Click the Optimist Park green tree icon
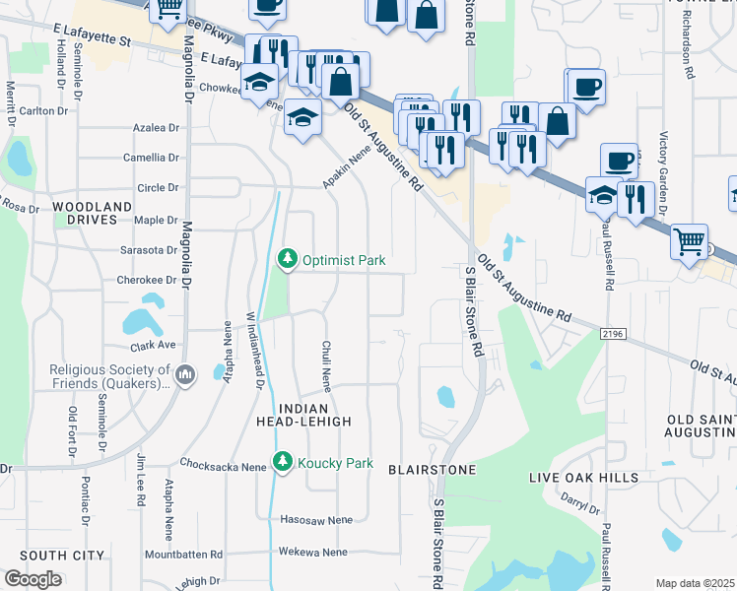[x=287, y=259]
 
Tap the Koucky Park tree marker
[x=283, y=462]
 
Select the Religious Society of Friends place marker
[x=189, y=372]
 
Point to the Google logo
[x=33, y=579]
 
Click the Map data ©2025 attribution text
[x=695, y=583]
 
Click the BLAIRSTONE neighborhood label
[x=433, y=470]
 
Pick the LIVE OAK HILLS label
[x=583, y=478]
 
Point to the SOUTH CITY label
[x=61, y=556]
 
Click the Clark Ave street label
[x=153, y=346]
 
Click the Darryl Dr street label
[x=580, y=504]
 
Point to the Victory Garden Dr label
[x=663, y=172]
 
